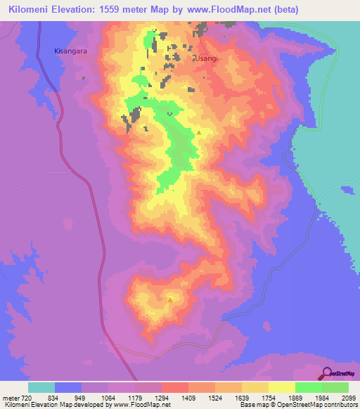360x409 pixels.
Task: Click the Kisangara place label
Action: click(71, 51)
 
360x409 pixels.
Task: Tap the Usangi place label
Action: click(207, 59)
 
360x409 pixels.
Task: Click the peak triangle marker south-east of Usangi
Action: click(199, 132)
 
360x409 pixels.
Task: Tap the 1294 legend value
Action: click(161, 397)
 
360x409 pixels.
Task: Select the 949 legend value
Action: click(81, 397)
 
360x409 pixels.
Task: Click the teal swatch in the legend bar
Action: click(41, 387)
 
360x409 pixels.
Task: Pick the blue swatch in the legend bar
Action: click(68, 387)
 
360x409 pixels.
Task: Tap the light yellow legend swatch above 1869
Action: click(281, 387)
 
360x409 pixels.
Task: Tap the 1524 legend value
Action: click(214, 397)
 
